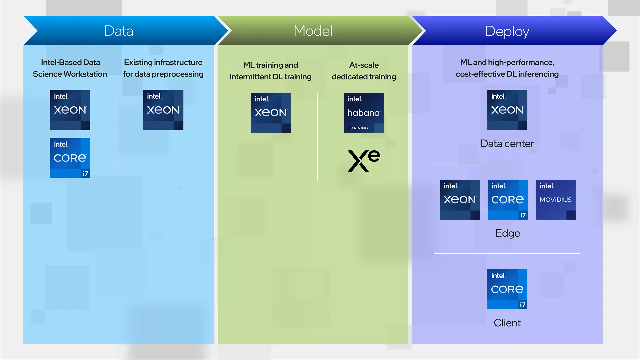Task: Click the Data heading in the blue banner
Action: [119, 31]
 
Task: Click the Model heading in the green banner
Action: [313, 31]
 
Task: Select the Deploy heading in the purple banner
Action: [507, 31]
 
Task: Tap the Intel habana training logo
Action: [364, 113]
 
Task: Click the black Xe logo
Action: [364, 161]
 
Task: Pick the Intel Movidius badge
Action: [555, 200]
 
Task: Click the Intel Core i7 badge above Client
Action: [507, 289]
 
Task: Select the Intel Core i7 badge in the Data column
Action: [70, 158]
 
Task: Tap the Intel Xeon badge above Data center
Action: [507, 110]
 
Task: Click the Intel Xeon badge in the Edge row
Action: [459, 200]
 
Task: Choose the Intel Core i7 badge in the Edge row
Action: [507, 200]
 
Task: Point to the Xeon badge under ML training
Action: [270, 113]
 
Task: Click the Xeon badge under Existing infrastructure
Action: [163, 110]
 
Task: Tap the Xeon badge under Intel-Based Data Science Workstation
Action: [70, 110]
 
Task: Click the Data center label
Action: [507, 144]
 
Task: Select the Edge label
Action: [507, 233]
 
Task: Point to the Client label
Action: [507, 323]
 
